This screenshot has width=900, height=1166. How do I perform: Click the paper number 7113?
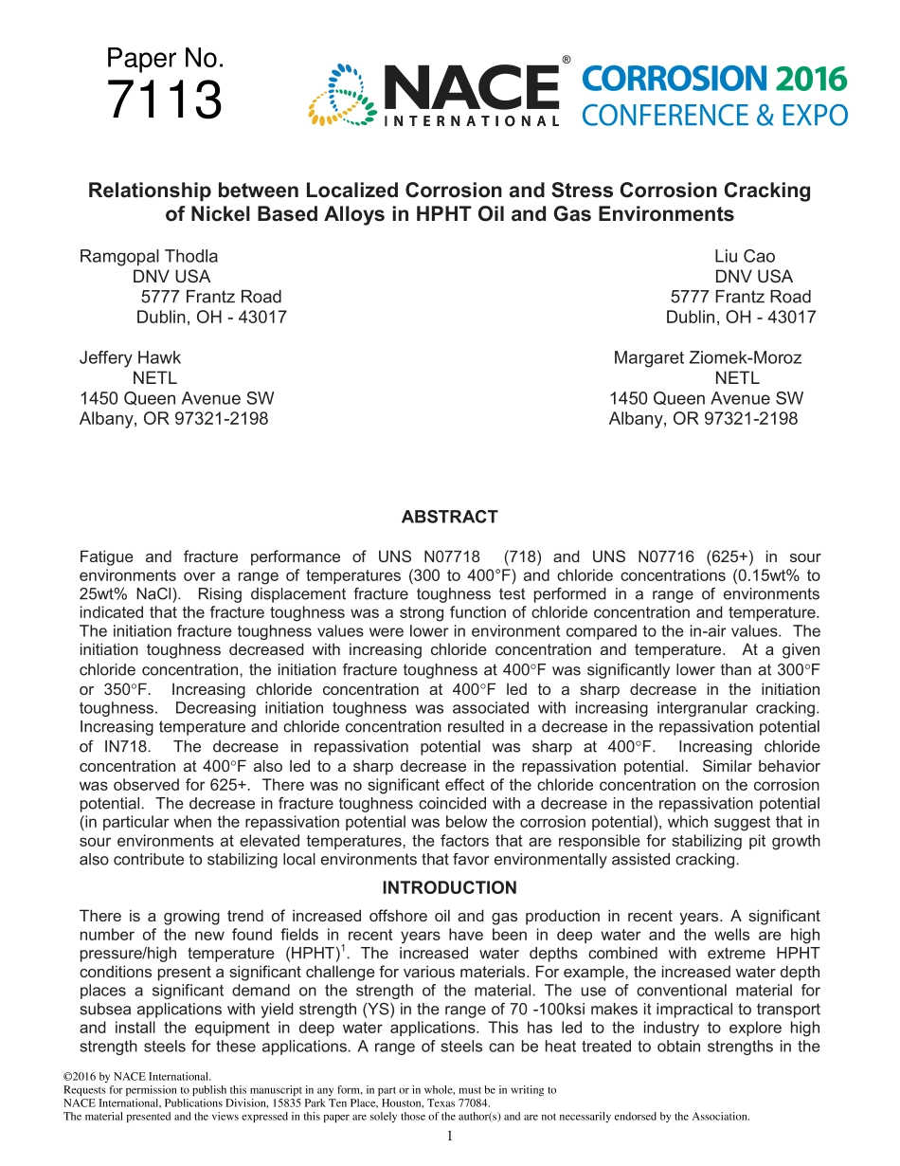(x=165, y=101)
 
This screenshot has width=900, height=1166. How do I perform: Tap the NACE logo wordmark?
(x=471, y=87)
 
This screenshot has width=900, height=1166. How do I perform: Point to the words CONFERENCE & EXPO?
(x=714, y=116)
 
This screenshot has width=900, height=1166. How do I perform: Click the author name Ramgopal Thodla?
(x=149, y=256)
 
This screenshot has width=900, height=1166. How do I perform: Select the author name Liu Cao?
(x=745, y=256)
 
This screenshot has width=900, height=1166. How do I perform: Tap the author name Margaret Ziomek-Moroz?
(x=708, y=357)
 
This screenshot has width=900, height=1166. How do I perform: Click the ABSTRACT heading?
(x=449, y=517)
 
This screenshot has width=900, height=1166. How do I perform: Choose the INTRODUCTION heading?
(x=449, y=888)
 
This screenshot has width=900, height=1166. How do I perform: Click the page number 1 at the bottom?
(x=450, y=1136)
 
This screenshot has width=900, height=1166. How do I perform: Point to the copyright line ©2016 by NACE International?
(x=136, y=1077)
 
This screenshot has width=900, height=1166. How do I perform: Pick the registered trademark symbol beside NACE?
(x=566, y=60)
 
